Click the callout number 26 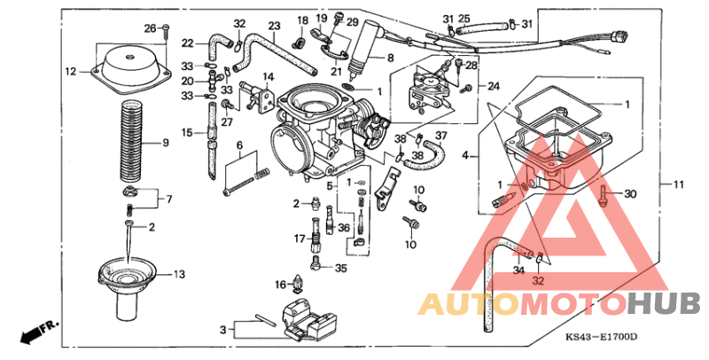[x=150, y=27]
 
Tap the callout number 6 [x=239, y=145]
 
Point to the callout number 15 [x=187, y=132]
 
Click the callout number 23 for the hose [x=274, y=25]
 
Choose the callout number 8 [x=389, y=58]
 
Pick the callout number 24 [x=493, y=86]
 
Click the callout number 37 [x=440, y=135]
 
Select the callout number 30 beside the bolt [x=630, y=194]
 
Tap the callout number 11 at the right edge [x=679, y=184]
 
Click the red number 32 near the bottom [x=537, y=279]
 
